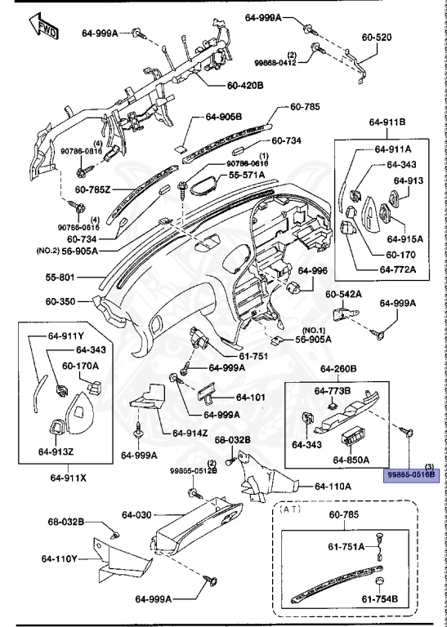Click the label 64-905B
[x=224, y=117]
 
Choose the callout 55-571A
[x=249, y=175]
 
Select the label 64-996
[x=312, y=271]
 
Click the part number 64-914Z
[x=190, y=432]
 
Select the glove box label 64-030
[x=138, y=514]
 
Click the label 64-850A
[x=352, y=460]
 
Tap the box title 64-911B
[x=387, y=122]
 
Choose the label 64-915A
[x=405, y=238]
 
